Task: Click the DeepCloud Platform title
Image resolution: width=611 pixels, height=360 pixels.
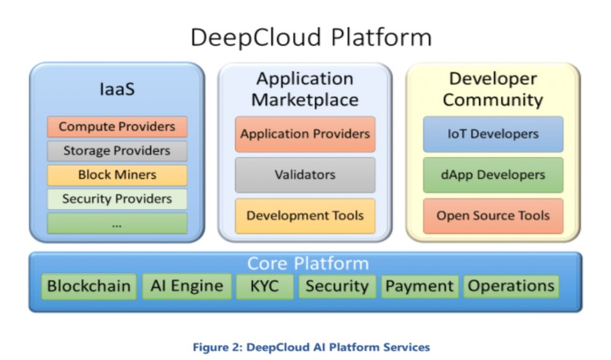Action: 305,37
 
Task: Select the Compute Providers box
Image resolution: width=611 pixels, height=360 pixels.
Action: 117,127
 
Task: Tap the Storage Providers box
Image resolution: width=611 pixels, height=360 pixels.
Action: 117,151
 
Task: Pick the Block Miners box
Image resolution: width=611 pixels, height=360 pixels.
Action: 117,175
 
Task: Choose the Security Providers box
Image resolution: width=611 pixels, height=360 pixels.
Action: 117,199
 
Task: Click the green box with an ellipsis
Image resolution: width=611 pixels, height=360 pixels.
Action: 117,223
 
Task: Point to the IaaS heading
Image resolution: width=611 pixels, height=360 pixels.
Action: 117,91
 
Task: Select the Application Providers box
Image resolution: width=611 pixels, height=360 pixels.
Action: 305,134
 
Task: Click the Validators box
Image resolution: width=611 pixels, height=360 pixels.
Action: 305,175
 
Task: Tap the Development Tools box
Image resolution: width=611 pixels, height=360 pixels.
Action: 305,216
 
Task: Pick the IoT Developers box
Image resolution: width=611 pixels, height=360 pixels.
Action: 493,134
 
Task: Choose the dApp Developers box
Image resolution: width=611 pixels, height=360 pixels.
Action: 493,175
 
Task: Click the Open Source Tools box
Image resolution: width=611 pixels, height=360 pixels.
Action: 493,216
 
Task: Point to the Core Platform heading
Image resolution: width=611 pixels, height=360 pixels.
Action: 305,264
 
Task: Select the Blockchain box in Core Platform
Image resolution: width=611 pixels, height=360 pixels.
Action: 90,286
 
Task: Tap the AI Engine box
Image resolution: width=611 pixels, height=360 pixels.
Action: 186,286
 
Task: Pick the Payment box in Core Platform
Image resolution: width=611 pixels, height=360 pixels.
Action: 420,286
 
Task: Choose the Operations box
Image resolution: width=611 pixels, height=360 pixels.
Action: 511,286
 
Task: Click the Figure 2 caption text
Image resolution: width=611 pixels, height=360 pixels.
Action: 305,345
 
